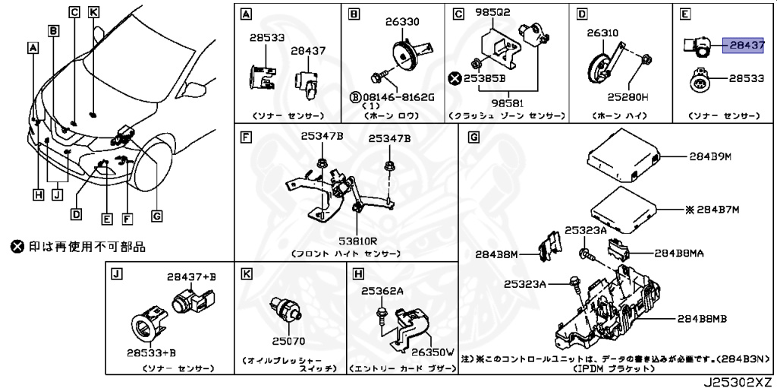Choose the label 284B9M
(709, 157)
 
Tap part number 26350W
(433, 352)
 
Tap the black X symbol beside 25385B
(455, 77)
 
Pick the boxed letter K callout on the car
(93, 11)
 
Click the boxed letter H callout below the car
(38, 194)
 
